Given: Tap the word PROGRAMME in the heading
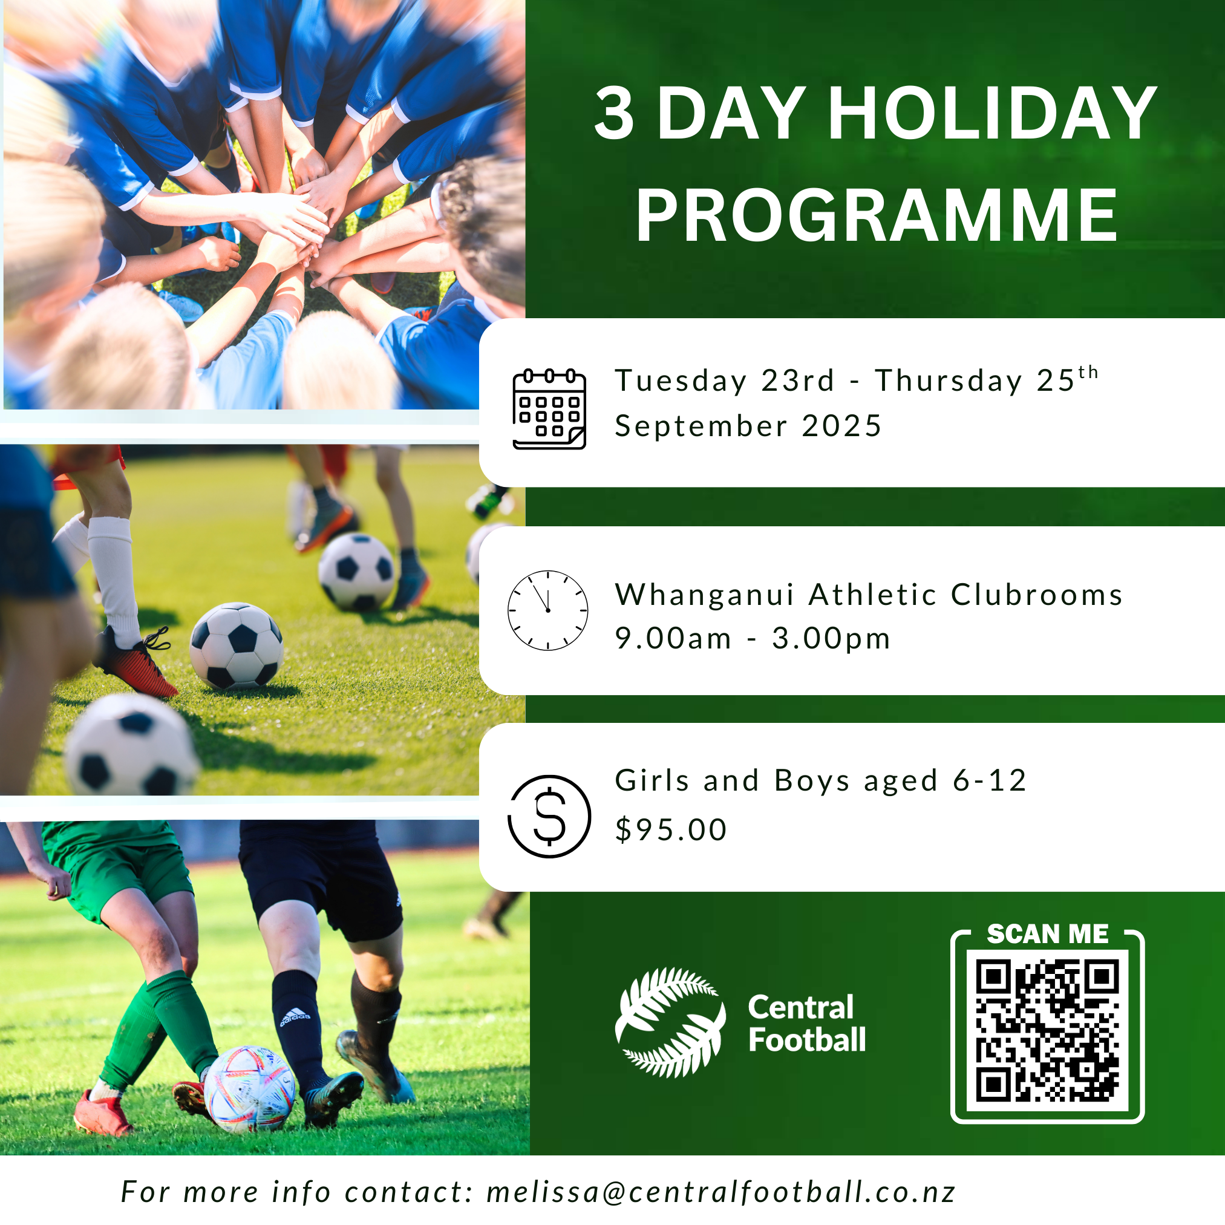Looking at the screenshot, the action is [x=877, y=215].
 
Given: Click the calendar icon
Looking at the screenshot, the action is [x=549, y=409].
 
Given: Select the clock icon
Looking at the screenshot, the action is [x=548, y=610].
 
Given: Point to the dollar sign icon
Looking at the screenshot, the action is [x=549, y=816].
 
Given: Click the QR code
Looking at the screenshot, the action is [x=1048, y=1031].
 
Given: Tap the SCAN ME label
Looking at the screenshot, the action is [x=1048, y=934].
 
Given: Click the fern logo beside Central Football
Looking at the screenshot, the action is [x=670, y=1022].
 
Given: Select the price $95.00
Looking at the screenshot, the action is [x=671, y=830].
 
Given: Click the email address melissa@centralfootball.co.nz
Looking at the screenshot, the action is [x=721, y=1192].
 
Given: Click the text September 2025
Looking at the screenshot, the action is [x=748, y=426].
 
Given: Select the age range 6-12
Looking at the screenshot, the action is [x=990, y=780].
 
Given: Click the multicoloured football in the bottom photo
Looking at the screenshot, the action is [x=250, y=1089].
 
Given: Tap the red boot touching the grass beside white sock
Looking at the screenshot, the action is [x=135, y=662].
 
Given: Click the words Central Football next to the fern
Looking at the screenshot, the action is [x=806, y=1024].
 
